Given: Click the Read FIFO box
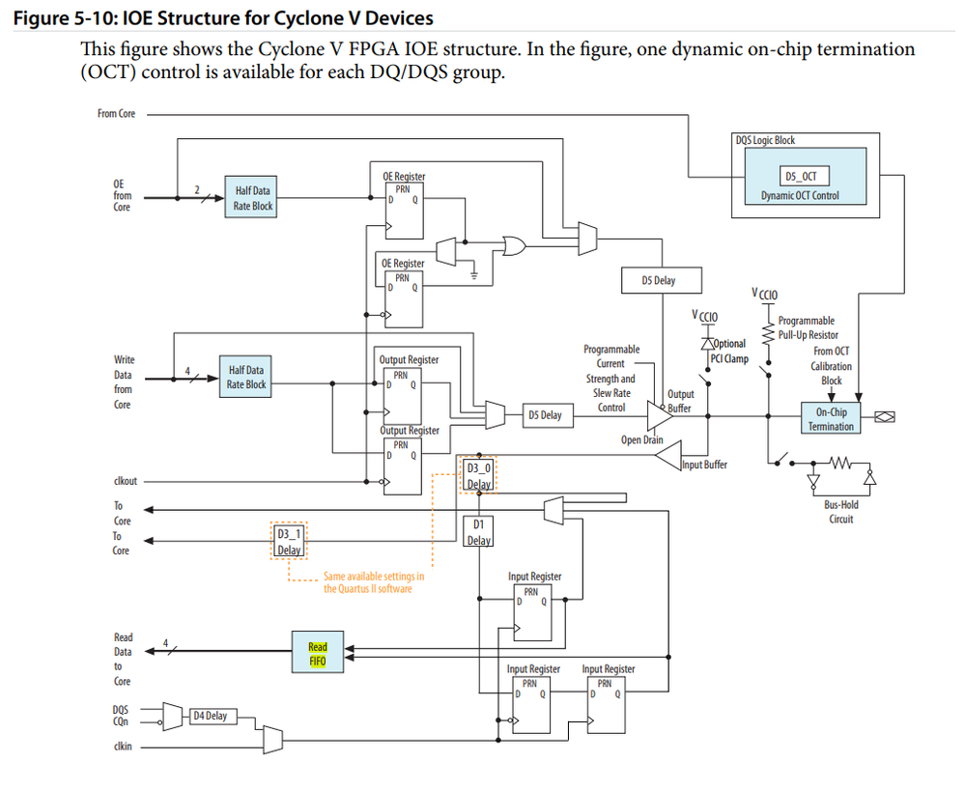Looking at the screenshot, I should pos(318,653).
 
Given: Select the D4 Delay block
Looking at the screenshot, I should pos(210,716).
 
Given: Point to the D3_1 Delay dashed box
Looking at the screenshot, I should pos(289,541).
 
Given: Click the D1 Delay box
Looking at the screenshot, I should pos(479,531).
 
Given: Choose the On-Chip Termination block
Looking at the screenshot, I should pos(831,418).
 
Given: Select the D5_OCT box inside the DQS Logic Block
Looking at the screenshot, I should pos(798,177).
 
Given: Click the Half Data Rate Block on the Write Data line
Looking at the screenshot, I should pos(246,377).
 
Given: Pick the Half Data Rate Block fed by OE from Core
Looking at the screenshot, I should pos(253,198).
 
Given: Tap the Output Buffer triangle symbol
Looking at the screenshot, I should pos(659,414).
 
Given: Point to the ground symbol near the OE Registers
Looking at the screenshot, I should pos(474,274).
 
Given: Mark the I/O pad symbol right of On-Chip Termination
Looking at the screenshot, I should pos(884,417).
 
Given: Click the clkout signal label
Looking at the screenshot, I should pos(126,481).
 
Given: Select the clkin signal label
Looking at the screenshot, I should pos(122,745).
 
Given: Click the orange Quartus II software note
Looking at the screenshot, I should pos(373,582).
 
